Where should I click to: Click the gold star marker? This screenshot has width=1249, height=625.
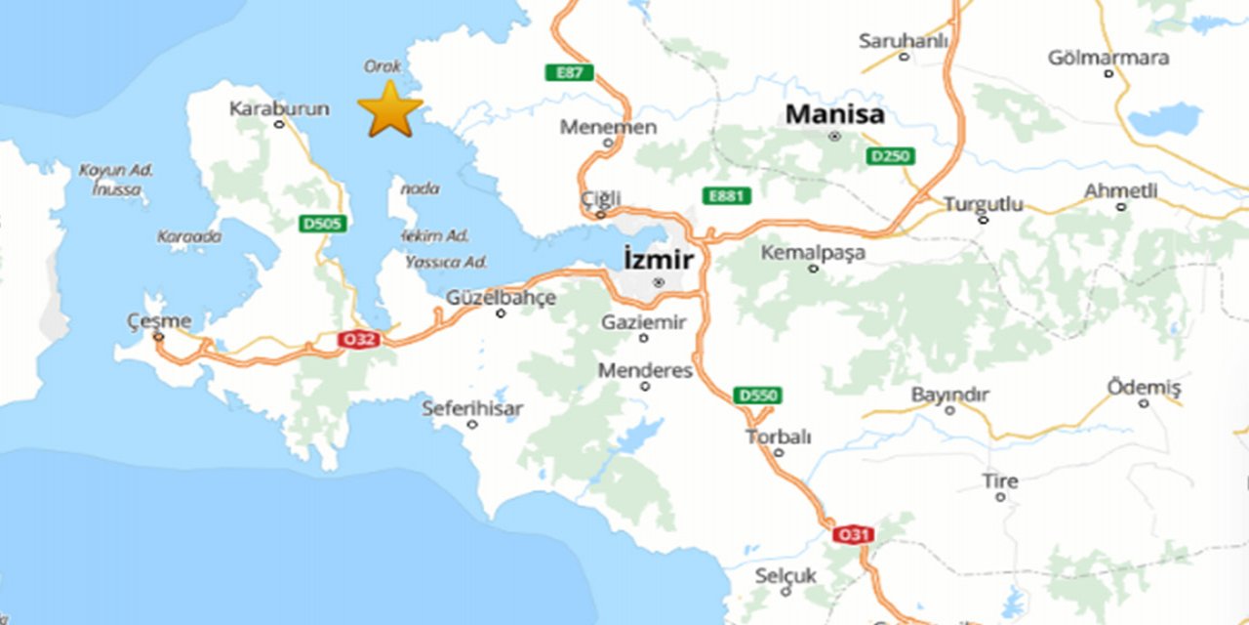pyautogui.click(x=390, y=109)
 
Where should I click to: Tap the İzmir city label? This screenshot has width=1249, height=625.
pyautogui.click(x=659, y=260)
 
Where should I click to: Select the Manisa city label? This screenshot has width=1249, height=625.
pyautogui.click(x=835, y=114)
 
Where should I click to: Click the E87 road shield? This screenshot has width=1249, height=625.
pyautogui.click(x=570, y=72)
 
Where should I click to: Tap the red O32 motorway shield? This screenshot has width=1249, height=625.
pyautogui.click(x=359, y=339)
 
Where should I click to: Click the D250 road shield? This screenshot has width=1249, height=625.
pyautogui.click(x=890, y=156)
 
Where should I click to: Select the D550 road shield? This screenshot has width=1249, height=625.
pyautogui.click(x=757, y=396)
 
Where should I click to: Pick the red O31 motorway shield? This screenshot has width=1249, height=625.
pyautogui.click(x=853, y=534)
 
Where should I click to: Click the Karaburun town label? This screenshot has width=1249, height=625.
pyautogui.click(x=278, y=108)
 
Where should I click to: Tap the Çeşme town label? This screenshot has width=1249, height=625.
pyautogui.click(x=159, y=321)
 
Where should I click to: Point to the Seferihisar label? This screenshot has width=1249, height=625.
pyautogui.click(x=472, y=408)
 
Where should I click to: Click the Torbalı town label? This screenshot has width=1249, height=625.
pyautogui.click(x=779, y=437)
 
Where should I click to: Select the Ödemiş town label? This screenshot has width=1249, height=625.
pyautogui.click(x=1144, y=388)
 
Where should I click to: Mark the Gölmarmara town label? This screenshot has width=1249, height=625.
pyautogui.click(x=1108, y=58)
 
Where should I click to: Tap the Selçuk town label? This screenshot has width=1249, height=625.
pyautogui.click(x=786, y=576)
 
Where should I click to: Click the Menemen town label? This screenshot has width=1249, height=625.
pyautogui.click(x=608, y=127)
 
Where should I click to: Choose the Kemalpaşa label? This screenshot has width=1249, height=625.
pyautogui.click(x=813, y=253)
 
